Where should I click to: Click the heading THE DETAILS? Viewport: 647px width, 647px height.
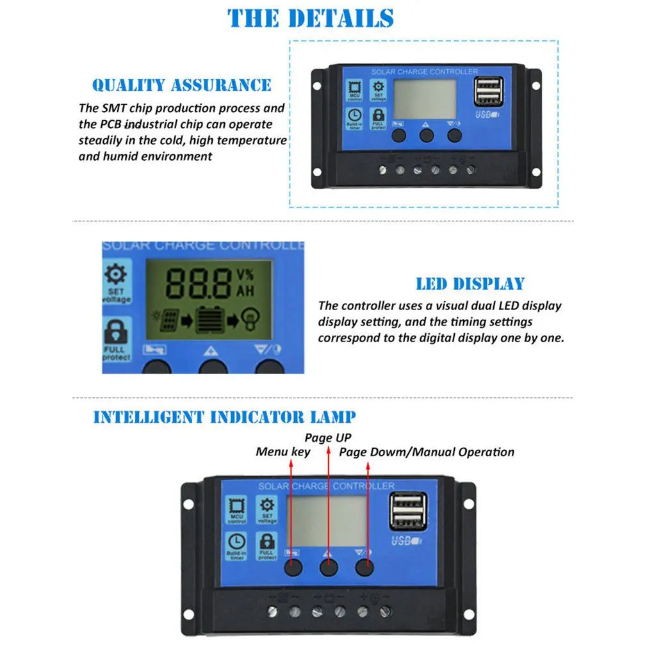311,18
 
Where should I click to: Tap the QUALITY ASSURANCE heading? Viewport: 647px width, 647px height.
182,85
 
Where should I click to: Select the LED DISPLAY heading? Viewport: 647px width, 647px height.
470,284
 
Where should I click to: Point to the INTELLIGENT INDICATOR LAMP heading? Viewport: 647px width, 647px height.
224,417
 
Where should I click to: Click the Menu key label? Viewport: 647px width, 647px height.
283,452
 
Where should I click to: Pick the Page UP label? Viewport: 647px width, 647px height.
328,438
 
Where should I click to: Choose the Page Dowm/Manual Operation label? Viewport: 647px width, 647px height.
427,452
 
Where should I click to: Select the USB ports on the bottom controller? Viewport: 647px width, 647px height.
408,510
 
